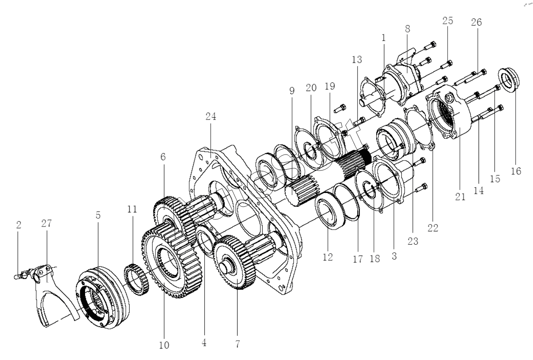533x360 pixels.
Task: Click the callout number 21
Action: [460, 197]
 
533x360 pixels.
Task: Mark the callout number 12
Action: [328, 257]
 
